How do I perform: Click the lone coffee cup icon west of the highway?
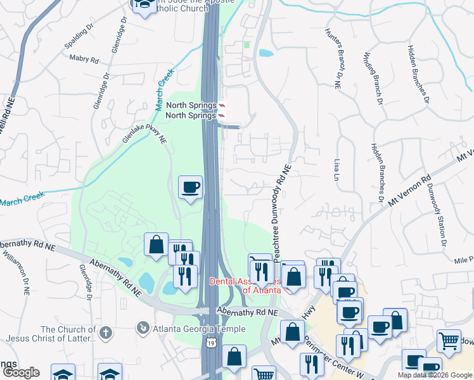point(191,187)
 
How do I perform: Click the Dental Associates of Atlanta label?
point(245,285)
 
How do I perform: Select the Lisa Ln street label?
point(336,171)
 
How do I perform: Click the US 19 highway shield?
point(210,342)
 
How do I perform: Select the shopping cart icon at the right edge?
point(449,341)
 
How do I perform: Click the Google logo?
point(20,372)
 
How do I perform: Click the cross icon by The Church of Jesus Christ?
point(106,332)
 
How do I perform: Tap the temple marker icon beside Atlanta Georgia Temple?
point(143,328)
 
